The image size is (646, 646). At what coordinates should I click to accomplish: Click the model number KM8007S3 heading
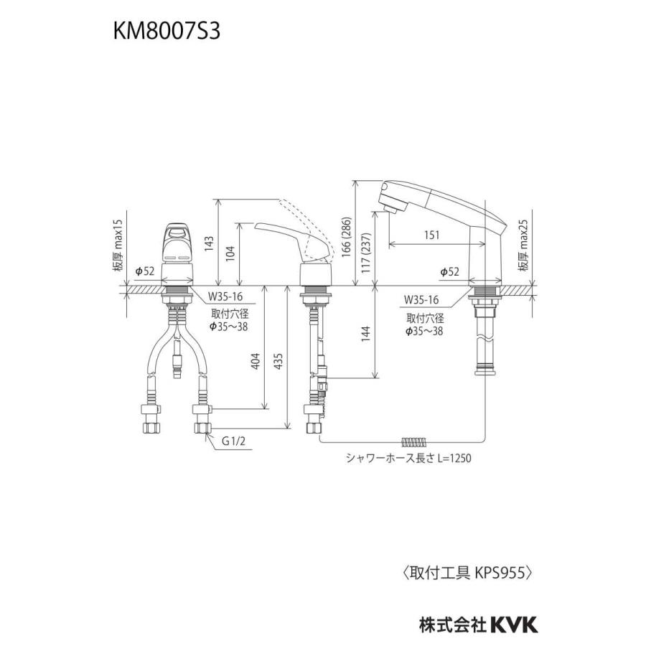pyautogui.click(x=170, y=34)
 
